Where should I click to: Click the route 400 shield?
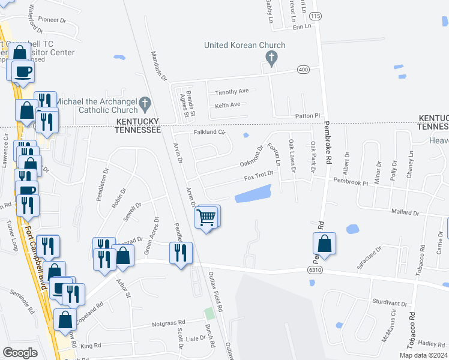point(304,70)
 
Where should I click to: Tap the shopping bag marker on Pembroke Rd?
point(324,244)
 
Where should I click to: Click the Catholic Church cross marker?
point(145,104)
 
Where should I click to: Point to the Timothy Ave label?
point(232,92)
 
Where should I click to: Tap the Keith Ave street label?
point(228,105)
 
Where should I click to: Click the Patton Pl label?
point(308,116)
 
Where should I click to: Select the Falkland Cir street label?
point(209,132)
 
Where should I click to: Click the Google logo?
point(20,353)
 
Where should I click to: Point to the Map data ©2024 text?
point(423,355)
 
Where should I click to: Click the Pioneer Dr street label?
point(52,20)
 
